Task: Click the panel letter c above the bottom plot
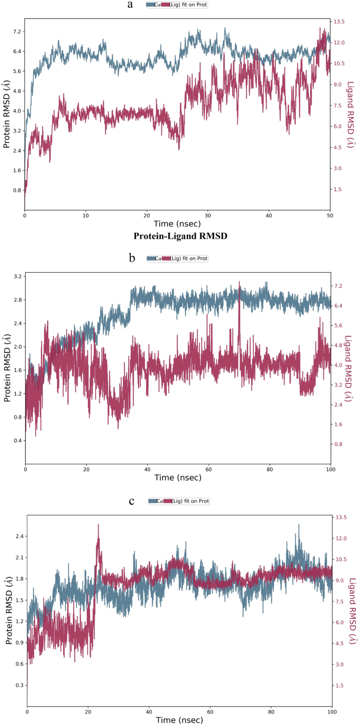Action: click(x=131, y=500)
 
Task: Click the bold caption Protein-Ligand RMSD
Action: click(x=180, y=236)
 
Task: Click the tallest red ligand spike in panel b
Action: click(x=240, y=282)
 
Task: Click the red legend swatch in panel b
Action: click(x=168, y=258)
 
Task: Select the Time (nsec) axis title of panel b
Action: click(x=178, y=478)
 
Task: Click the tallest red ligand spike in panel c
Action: click(x=98, y=525)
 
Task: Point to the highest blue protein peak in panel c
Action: click(x=299, y=524)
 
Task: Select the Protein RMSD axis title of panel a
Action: click(x=6, y=115)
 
